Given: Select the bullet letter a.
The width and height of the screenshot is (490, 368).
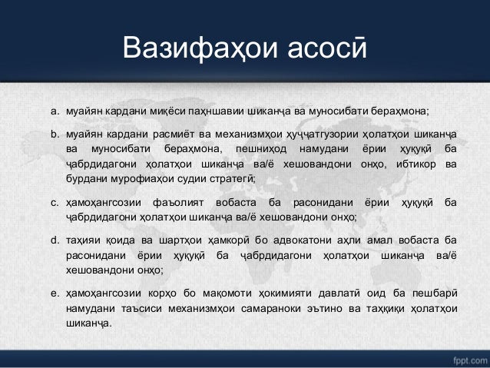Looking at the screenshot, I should coord(55,111).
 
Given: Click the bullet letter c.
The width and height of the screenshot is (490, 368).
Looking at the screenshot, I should coord(55,203).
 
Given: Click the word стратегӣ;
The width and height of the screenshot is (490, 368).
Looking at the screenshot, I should coord(233,177).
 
